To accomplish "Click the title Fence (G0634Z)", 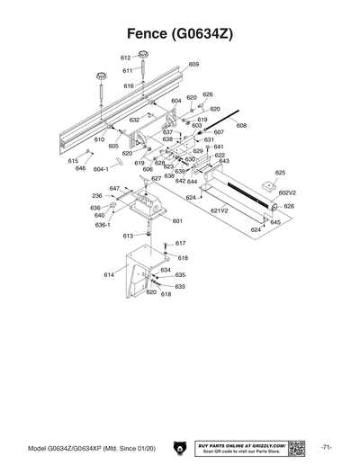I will pos(180,33).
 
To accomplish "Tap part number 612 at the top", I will pos(127,57).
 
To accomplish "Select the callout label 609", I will pos(193,65).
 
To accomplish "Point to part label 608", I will pos(240,127).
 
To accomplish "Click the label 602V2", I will pos(288,192).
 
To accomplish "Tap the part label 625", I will pos(280,172).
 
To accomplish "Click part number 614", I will pos(109,274).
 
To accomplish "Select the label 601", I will pos(177,220).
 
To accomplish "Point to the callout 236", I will pos(96,196).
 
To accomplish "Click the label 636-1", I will pos(103,225).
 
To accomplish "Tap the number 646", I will pos(80,168).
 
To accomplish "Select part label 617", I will pos(180,244).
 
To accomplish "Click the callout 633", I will pos(180,286).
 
